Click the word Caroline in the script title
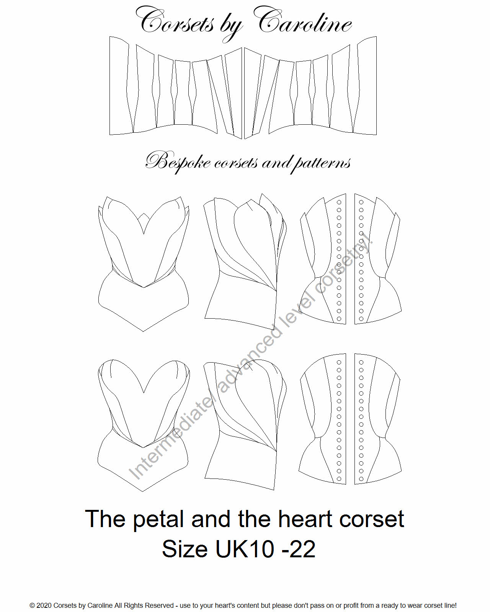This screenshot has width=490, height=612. click(x=305, y=21)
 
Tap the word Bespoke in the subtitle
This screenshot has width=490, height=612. click(x=178, y=162)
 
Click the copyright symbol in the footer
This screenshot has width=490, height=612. click(x=32, y=605)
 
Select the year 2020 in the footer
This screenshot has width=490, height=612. click(x=44, y=605)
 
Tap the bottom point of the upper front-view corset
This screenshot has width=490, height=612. click(x=143, y=331)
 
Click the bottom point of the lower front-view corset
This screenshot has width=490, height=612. click(x=142, y=492)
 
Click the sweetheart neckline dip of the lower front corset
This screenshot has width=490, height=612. click(x=144, y=393)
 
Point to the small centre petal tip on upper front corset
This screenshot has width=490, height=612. click(x=144, y=213)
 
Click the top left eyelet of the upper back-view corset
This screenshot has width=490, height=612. click(x=339, y=202)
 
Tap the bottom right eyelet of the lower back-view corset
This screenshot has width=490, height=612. click(x=361, y=479)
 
